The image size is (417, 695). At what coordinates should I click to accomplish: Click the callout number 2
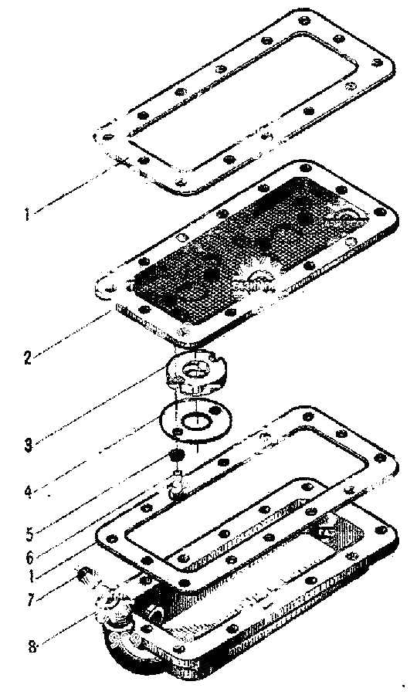(x=28, y=358)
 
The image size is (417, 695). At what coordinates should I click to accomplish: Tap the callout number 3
(x=29, y=445)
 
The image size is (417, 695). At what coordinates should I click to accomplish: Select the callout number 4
(x=29, y=491)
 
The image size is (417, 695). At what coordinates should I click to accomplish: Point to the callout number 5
(x=29, y=534)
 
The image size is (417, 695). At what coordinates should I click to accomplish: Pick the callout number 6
(x=29, y=556)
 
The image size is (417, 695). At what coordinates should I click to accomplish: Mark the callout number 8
(x=32, y=645)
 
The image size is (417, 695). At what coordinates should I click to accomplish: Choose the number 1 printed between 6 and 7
(x=31, y=577)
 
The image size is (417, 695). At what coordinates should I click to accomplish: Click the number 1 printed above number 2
(x=27, y=214)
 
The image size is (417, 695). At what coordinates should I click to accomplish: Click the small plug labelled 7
(x=83, y=575)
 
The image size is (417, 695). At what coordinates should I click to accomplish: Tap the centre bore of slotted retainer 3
(x=195, y=369)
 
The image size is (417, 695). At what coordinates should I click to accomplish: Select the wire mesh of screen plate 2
(x=248, y=244)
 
